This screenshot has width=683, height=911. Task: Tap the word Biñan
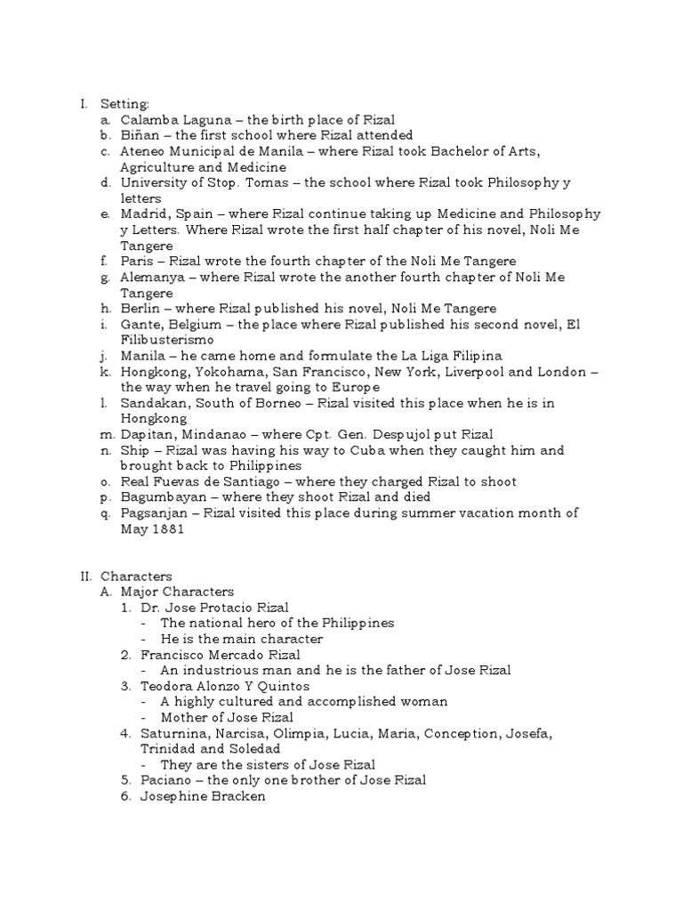(x=140, y=135)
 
